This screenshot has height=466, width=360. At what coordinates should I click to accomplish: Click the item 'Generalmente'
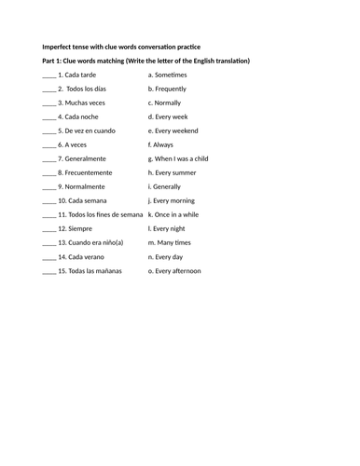coord(86,158)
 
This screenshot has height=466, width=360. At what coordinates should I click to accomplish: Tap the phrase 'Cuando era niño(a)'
coord(93,242)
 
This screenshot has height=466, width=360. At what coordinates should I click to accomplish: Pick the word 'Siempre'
coord(79,228)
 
